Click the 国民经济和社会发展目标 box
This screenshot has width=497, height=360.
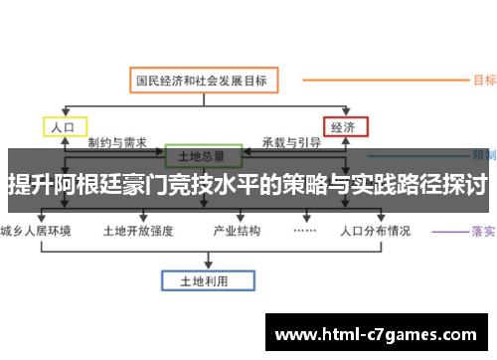pyautogui.click(x=206, y=80)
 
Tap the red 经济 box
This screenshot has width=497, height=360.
pyautogui.click(x=344, y=127)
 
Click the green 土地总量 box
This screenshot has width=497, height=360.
pyautogui.click(x=202, y=156)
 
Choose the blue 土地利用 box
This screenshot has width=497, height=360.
pyautogui.click(x=202, y=281)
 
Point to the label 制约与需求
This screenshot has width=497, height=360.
pyautogui.click(x=116, y=143)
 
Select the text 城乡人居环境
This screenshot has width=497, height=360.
pyautogui.click(x=37, y=232)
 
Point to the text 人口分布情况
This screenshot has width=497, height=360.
pyautogui.click(x=375, y=232)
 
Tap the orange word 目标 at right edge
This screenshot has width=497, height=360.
pyautogui.click(x=485, y=80)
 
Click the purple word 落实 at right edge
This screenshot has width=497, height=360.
pyautogui.click(x=485, y=232)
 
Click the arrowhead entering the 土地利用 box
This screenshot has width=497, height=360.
pyautogui.click(x=202, y=267)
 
